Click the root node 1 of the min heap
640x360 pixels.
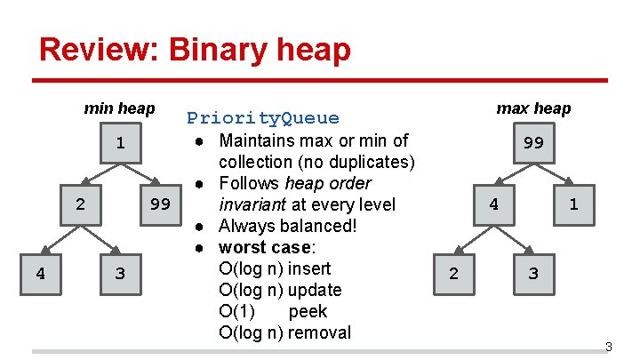(120, 144)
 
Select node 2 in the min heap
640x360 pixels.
(80, 204)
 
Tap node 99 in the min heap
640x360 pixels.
(160, 204)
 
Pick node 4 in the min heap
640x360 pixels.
(40, 273)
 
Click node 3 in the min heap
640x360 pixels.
(120, 273)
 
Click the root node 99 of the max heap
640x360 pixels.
(533, 144)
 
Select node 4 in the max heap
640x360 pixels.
(493, 204)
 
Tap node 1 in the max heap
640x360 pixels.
(573, 204)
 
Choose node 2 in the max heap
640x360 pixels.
(453, 273)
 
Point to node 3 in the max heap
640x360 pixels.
(533, 273)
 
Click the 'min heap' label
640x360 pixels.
(119, 108)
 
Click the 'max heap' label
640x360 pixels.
(533, 108)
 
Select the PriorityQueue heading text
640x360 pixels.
(262, 118)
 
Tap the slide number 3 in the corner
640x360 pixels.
(609, 346)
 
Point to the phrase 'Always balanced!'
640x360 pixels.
(288, 226)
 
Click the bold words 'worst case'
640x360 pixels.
(260, 247)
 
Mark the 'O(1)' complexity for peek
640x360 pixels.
(237, 311)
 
